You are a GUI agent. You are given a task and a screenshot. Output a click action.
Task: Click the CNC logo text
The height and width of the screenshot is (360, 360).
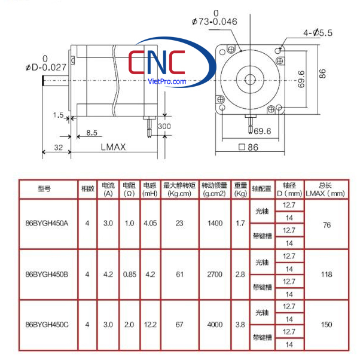(x=157, y=62)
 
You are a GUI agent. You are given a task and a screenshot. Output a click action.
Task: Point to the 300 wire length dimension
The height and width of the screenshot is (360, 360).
(x=164, y=126)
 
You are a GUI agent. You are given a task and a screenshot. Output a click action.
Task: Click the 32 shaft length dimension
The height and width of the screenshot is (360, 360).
(x=57, y=147)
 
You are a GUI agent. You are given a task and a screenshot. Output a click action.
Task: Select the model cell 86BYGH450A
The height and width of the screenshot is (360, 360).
(x=47, y=224)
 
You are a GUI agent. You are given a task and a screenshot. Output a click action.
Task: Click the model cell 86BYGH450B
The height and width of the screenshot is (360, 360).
(x=47, y=274)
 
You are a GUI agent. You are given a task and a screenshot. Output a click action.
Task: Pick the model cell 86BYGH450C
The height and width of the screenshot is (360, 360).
(x=47, y=325)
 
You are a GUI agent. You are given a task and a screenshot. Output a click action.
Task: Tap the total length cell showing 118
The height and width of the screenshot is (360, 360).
(x=326, y=274)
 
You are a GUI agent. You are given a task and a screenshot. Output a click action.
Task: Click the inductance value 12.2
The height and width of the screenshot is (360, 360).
(x=150, y=325)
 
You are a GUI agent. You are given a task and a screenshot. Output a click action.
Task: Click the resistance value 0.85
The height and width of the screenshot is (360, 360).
(x=129, y=274)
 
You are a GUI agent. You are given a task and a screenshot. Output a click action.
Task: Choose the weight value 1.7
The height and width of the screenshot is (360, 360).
(x=240, y=224)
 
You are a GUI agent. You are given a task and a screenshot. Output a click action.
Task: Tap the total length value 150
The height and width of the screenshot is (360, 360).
(x=326, y=325)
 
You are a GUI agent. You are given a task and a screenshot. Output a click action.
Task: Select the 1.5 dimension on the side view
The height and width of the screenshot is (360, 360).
(x=57, y=114)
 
